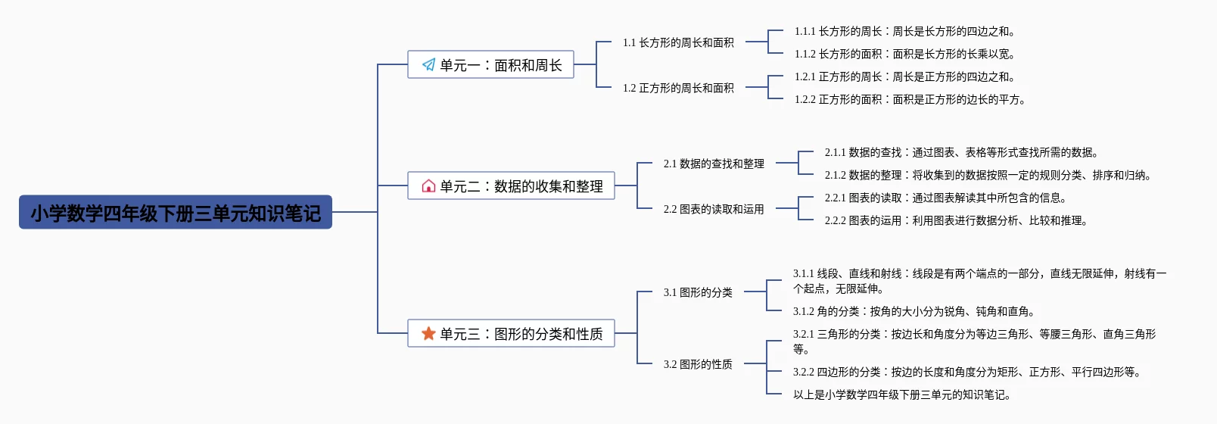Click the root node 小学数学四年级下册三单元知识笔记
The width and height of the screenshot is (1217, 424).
tap(176, 213)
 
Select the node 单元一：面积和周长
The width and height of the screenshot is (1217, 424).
tap(490, 65)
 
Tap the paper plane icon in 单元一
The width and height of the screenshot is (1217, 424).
tap(428, 65)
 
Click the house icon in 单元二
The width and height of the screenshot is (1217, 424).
tap(428, 186)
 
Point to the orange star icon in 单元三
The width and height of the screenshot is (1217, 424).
tap(428, 334)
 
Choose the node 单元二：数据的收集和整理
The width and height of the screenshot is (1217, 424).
tap(511, 186)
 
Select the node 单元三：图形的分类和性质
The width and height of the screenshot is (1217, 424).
tap(511, 334)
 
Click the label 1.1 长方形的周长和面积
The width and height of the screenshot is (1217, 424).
tap(678, 43)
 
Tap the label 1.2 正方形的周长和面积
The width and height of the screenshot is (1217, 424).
tap(678, 89)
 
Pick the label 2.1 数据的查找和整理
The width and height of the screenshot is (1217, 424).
tap(714, 164)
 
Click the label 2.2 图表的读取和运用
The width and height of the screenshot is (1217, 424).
tap(714, 209)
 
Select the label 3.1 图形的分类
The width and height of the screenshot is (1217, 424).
tap(698, 292)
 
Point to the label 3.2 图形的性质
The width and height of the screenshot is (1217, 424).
tap(698, 364)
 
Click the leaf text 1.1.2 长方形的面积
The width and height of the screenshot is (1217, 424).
tap(904, 55)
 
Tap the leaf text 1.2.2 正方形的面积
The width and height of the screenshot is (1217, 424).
tap(910, 100)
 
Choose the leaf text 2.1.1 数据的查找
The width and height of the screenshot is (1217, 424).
tap(961, 153)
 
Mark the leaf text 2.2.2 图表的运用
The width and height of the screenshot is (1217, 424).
tap(956, 221)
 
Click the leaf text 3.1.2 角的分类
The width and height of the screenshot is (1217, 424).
tap(914, 312)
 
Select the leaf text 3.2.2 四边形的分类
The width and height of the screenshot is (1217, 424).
tap(966, 373)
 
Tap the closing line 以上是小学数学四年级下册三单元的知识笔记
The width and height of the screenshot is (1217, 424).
tap(901, 395)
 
